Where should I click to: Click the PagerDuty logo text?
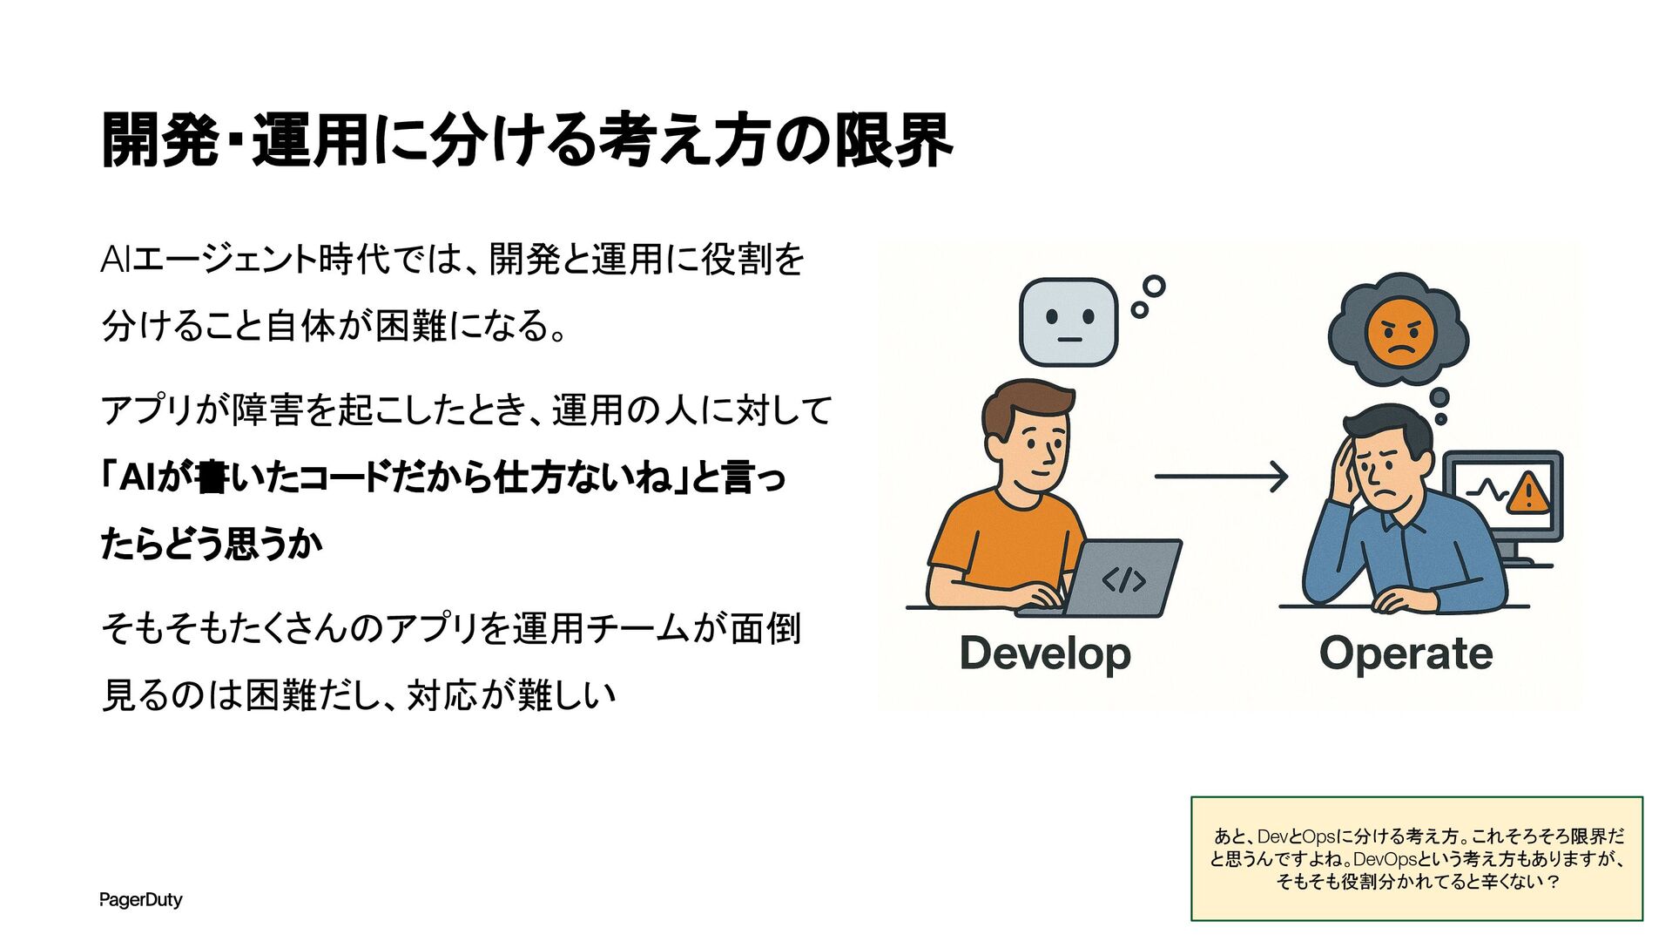pos(140,900)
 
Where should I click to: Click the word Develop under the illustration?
pos(1045,653)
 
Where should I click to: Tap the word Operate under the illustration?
pos(1406,653)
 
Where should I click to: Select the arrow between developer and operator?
pos(1221,477)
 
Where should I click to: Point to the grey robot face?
pos(1069,322)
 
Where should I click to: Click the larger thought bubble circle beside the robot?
pos(1154,286)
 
